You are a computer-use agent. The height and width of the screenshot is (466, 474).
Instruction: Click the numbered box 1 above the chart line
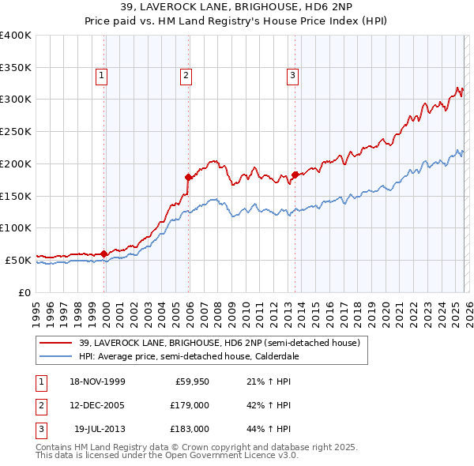point(103,76)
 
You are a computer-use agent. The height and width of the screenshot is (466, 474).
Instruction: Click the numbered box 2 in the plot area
point(185,76)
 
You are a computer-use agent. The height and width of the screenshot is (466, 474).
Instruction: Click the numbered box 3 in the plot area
point(292,76)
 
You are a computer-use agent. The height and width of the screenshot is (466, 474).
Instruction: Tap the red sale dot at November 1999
point(103,254)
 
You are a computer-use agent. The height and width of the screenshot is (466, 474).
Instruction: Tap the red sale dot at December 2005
point(188,177)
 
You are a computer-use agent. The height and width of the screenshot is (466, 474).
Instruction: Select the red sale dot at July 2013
point(295,174)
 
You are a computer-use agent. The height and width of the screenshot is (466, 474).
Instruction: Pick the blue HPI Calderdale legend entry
point(188,356)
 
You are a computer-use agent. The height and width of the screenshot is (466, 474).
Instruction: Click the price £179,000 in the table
point(190,405)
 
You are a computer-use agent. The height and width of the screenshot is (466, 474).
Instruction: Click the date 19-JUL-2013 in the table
point(99,429)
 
